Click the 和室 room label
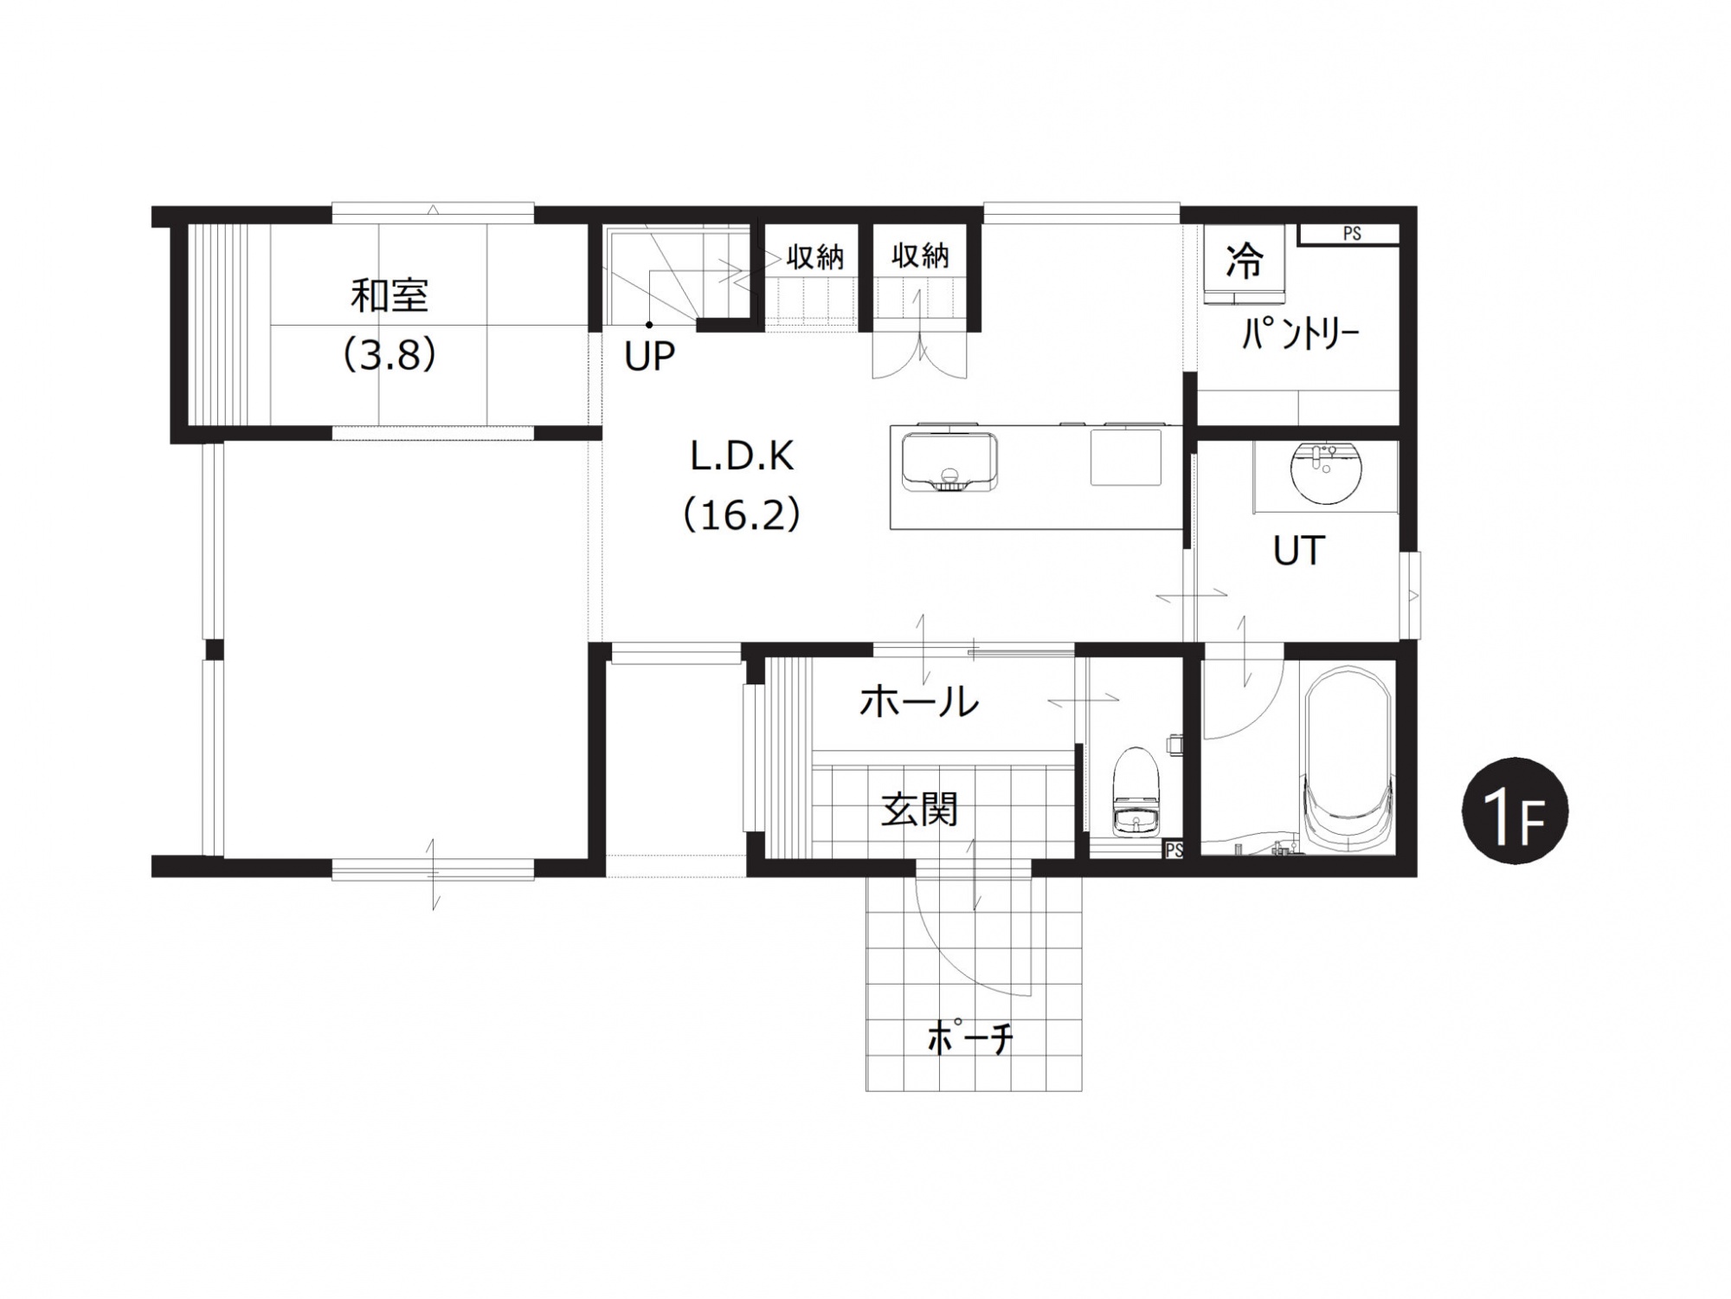tap(389, 296)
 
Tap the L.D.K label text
tap(742, 456)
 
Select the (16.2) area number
tap(742, 515)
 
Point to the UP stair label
tap(649, 356)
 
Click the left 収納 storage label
tap(814, 256)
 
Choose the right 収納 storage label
tap(920, 255)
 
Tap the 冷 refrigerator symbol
tap(1245, 259)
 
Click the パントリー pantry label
tap(1301, 333)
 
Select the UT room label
tap(1299, 551)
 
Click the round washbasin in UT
tap(1325, 473)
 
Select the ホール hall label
tap(918, 701)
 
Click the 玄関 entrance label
tap(919, 810)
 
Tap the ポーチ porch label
tap(969, 1037)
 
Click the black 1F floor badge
tap(1515, 811)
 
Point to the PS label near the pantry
tap(1352, 234)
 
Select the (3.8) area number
tap(389, 354)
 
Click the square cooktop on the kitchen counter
tap(1125, 456)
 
